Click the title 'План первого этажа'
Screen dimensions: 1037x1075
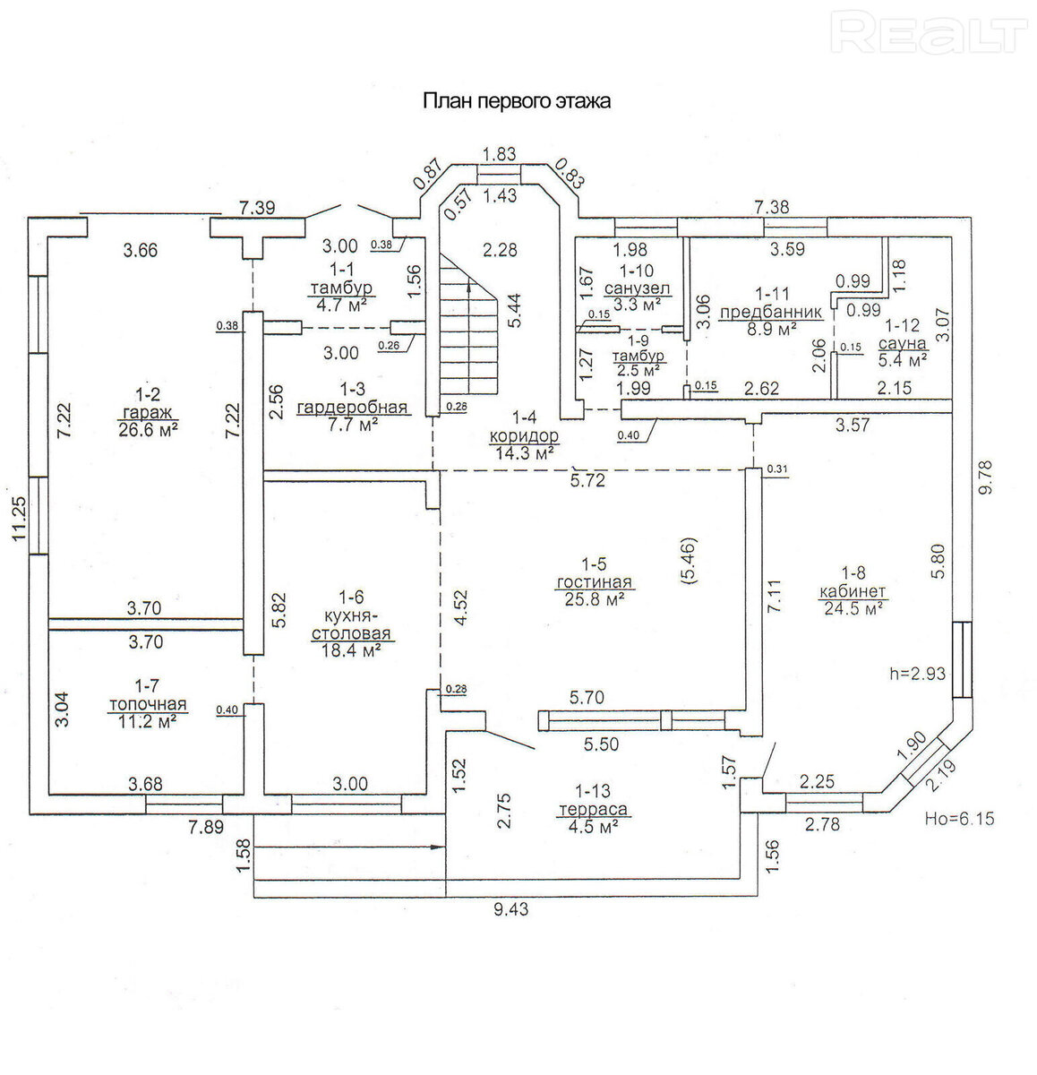[x=517, y=101]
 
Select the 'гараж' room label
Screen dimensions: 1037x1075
[x=148, y=411]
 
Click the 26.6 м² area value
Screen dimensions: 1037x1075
[x=148, y=429]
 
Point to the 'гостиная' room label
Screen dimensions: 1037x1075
[x=594, y=581]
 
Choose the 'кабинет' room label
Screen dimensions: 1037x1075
[x=853, y=591]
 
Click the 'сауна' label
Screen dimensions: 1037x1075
[x=903, y=343]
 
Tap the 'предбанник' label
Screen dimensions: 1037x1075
[x=771, y=312]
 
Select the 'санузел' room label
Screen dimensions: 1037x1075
[x=637, y=288]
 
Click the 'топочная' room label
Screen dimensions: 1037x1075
[x=148, y=704]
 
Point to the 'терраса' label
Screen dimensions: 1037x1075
[x=593, y=809]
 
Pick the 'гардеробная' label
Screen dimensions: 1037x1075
[x=352, y=407]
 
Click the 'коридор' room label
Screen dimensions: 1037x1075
[x=524, y=436]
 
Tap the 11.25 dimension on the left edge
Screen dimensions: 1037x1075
[x=19, y=518]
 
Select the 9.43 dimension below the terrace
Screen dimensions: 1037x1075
[x=510, y=908]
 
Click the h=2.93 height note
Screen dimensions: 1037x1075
[x=917, y=674]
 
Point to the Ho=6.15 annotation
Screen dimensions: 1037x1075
[x=960, y=818]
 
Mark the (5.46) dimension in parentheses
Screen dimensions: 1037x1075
[x=690, y=561]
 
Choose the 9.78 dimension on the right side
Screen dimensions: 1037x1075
[x=984, y=477]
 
